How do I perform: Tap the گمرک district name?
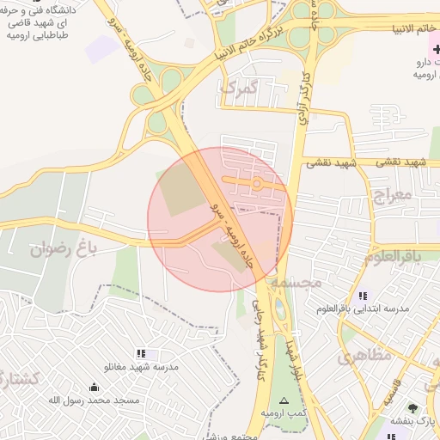tap(239, 88)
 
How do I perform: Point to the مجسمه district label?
tap(295, 282)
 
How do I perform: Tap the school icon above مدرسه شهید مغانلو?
tap(141, 353)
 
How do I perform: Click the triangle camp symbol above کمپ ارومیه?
tap(285, 400)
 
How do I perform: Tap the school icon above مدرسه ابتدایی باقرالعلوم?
tap(362, 296)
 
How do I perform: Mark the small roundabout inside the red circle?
tap(256, 183)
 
